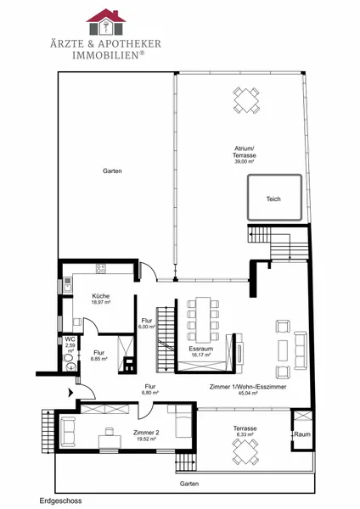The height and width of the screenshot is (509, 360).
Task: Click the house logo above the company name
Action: tap(106, 22)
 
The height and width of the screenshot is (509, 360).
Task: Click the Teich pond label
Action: tap(273, 199)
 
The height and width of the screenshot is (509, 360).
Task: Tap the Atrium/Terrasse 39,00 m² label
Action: tap(245, 154)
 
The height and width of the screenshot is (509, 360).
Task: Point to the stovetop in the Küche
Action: tap(101, 268)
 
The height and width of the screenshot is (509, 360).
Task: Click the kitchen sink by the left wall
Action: tap(68, 285)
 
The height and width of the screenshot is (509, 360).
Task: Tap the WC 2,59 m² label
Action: tap(70, 344)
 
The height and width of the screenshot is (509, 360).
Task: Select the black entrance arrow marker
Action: tap(70, 393)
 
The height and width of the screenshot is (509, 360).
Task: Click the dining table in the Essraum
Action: tap(203, 320)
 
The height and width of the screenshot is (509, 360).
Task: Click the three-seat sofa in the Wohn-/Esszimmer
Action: tap(301, 350)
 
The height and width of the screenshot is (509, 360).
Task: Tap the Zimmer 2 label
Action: tap(146, 433)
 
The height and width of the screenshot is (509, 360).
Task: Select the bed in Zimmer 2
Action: tap(183, 421)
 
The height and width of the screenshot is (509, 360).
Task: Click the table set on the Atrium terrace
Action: tap(246, 100)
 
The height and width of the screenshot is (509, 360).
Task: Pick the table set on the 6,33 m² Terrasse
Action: tap(245, 452)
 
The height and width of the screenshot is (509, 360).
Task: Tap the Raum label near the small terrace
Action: tap(302, 434)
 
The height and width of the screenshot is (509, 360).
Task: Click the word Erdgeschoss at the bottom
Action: tap(61, 501)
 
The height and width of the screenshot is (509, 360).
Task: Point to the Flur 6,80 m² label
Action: tap(150, 389)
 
